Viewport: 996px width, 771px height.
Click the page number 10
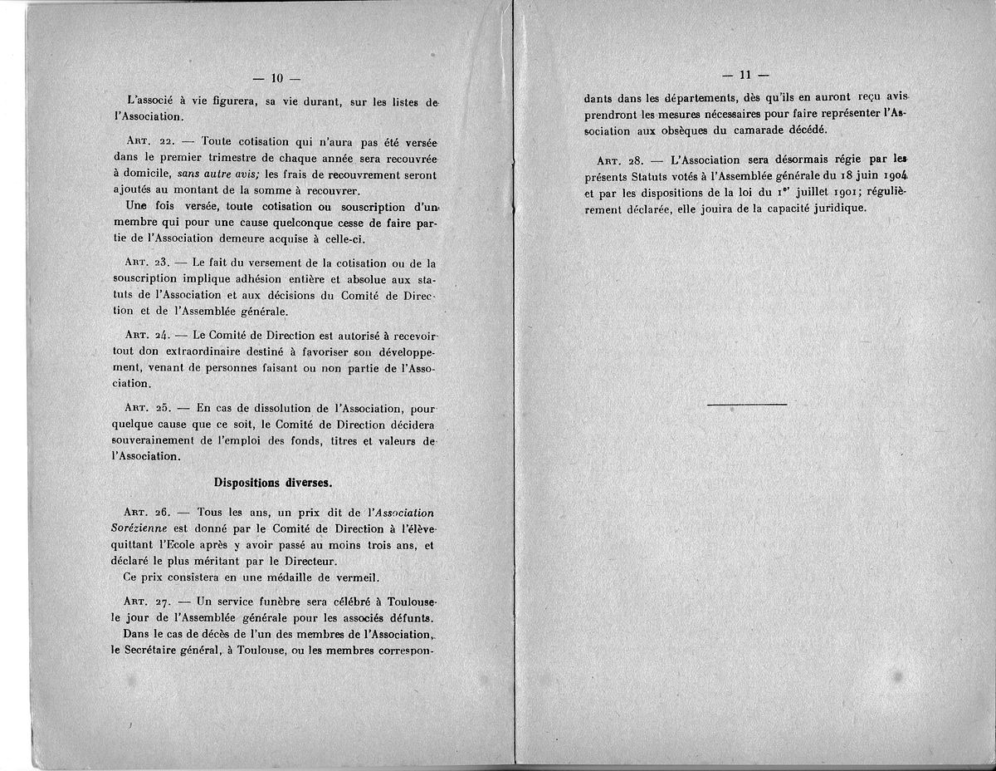click(277, 78)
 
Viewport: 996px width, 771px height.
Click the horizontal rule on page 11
click(746, 405)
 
